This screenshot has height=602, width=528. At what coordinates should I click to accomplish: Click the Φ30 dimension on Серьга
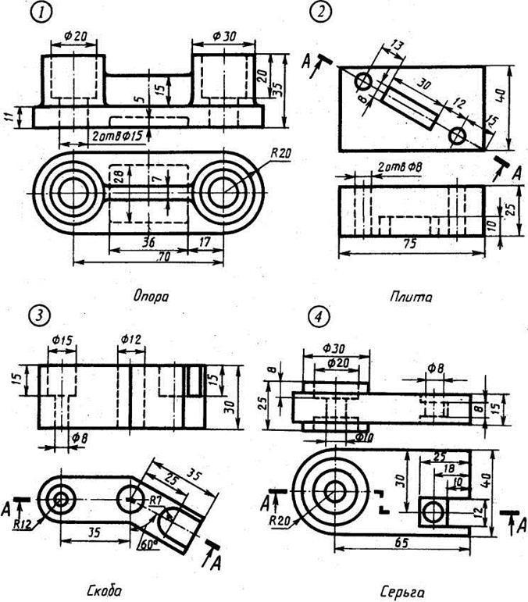[334, 347]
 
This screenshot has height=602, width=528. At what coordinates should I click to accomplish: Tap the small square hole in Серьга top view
[430, 511]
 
